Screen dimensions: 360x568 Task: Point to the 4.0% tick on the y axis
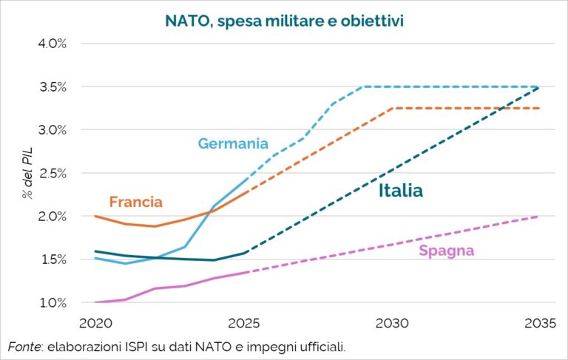point(52,43)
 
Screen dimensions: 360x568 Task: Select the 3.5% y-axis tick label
point(52,86)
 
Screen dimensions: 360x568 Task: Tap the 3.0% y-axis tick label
point(52,129)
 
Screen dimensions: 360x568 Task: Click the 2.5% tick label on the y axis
point(52,173)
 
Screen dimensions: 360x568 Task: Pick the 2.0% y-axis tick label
point(52,216)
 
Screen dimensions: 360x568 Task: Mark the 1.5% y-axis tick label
point(52,259)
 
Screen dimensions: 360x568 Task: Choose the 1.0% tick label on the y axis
point(52,302)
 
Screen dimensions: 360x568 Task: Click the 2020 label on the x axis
point(94,323)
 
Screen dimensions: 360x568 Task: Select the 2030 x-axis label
point(393,323)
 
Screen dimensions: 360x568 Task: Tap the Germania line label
point(233,143)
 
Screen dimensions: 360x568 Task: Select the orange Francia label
point(135,201)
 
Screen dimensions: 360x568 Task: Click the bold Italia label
point(400,191)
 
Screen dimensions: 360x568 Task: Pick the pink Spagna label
point(446,251)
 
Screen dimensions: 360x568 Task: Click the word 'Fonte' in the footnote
point(24,347)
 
